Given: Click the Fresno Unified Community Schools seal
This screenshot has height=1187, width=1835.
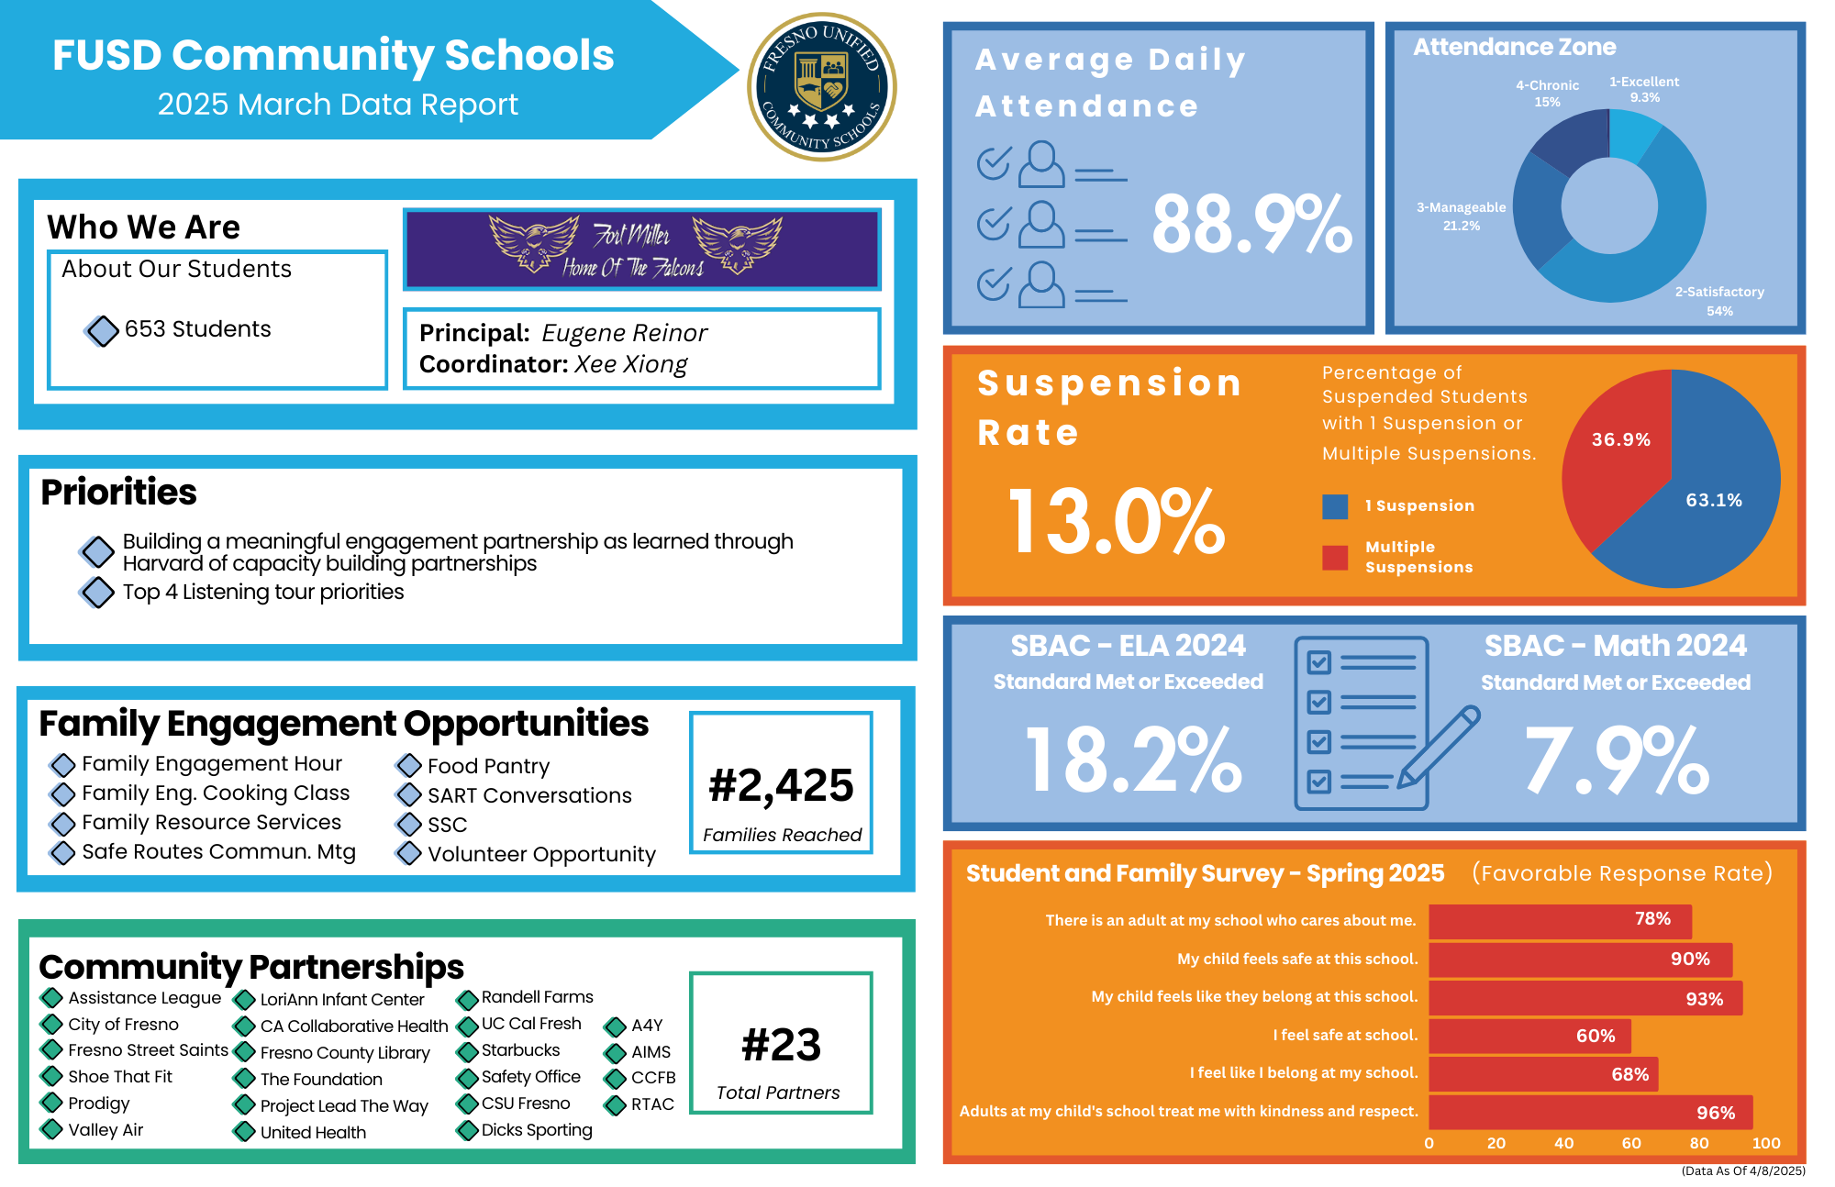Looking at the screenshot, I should point(822,87).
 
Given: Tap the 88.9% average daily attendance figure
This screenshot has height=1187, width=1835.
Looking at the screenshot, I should point(1251,224).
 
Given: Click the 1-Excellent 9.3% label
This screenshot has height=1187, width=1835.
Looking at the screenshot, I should point(1644,89).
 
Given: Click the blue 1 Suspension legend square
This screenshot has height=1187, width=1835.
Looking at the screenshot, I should point(1335,506).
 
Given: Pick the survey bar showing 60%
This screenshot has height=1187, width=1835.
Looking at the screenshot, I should point(1529,1036).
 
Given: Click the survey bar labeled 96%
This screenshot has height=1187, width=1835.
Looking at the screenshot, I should point(1590,1112).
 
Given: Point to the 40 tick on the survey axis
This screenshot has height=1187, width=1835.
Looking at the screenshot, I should point(1563,1143).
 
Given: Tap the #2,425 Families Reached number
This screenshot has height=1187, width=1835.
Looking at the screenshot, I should point(781,785).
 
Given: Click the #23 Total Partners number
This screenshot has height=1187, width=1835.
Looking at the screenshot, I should point(781,1045).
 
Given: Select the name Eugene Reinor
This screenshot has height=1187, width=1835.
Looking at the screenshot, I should point(624,333).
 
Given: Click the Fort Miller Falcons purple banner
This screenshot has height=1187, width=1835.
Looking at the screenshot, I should point(641,249).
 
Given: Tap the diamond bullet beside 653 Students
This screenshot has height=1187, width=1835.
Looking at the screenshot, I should point(102,330).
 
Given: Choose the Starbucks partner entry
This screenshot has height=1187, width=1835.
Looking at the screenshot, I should point(520,1050).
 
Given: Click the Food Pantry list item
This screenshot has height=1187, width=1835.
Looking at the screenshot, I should point(488,766).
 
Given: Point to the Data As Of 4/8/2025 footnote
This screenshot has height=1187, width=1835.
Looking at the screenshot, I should point(1742,1170).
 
